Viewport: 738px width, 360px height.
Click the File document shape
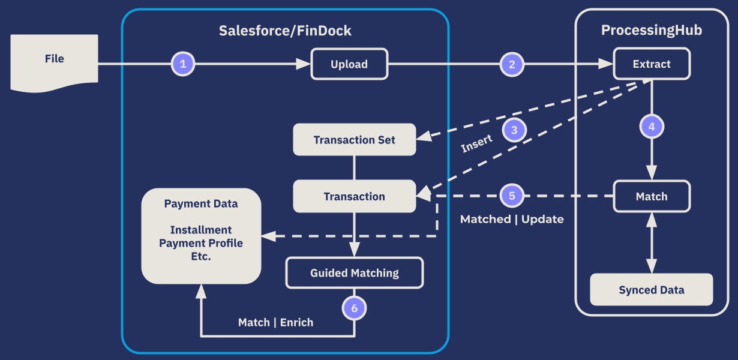point(54,60)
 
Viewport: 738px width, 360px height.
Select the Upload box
point(349,64)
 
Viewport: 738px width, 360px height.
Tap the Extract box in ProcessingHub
point(652,64)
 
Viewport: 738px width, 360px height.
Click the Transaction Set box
point(354,140)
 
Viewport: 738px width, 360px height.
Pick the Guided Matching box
point(354,273)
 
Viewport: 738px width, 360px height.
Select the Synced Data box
point(652,290)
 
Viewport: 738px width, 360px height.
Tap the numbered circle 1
point(184,64)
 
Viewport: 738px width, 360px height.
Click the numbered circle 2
point(512,64)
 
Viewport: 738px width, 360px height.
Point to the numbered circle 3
point(514,130)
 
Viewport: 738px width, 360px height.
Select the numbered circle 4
point(652,127)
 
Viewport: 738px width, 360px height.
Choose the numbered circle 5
point(512,196)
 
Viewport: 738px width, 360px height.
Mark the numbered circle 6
point(354,308)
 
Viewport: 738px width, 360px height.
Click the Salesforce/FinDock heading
point(285,31)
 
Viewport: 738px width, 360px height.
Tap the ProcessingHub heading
point(652,31)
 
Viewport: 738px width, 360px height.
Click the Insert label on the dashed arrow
point(477,143)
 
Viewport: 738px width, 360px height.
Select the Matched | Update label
point(512,219)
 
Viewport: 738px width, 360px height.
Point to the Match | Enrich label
point(275,322)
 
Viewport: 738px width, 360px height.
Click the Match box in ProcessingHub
point(652,196)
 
